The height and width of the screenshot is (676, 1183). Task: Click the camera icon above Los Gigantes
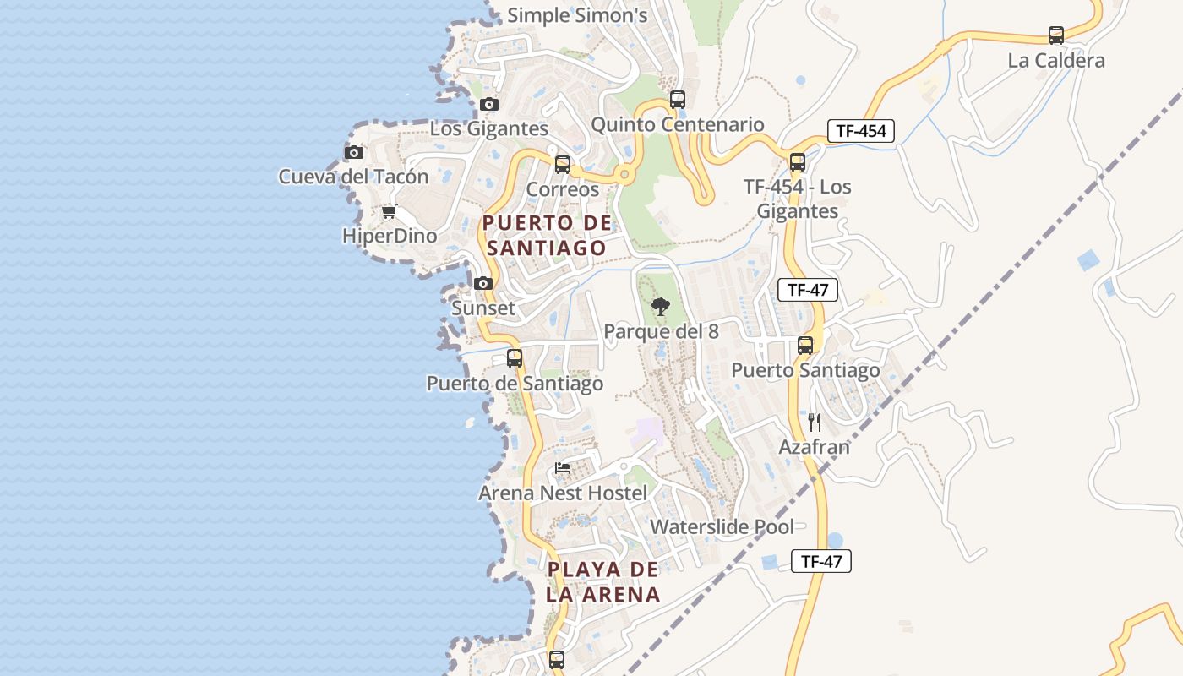(x=488, y=105)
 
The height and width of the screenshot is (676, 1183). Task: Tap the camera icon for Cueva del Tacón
(x=354, y=153)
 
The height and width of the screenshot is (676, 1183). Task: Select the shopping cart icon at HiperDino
(x=389, y=211)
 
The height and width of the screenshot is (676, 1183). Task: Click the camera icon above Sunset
(x=483, y=284)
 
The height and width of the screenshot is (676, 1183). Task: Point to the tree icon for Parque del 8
(x=661, y=307)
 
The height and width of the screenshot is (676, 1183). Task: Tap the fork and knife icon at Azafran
(x=815, y=422)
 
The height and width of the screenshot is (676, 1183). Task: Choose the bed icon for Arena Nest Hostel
(x=563, y=468)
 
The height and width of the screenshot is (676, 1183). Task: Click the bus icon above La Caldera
(x=1056, y=35)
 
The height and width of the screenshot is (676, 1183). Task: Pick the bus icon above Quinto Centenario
(x=677, y=100)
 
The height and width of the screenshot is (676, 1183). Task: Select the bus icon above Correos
(x=563, y=165)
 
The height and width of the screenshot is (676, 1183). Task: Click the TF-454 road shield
(x=860, y=131)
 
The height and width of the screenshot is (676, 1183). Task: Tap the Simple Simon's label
(x=577, y=15)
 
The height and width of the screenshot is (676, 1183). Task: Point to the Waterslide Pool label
(x=722, y=527)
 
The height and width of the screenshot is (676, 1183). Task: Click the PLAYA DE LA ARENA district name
(x=602, y=581)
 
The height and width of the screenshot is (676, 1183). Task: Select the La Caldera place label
(x=1056, y=61)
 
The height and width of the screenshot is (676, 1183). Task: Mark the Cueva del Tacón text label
(x=353, y=177)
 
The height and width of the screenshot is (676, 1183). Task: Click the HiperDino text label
(x=390, y=236)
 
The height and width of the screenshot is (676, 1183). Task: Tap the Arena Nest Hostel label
(x=563, y=493)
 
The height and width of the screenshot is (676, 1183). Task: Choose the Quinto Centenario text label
(x=677, y=125)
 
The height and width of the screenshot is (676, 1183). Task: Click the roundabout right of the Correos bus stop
(x=624, y=175)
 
